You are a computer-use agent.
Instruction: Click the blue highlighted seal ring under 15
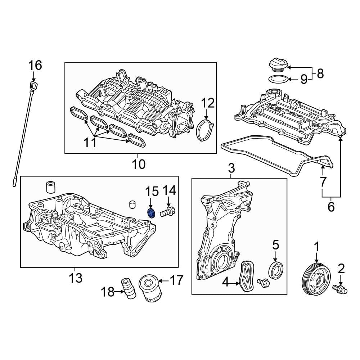click(152, 213)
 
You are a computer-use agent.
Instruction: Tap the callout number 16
click(35, 66)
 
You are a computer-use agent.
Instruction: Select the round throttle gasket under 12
click(205, 131)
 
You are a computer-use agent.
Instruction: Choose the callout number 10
click(138, 164)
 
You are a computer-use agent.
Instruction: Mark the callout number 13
click(76, 278)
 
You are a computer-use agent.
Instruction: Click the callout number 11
click(90, 142)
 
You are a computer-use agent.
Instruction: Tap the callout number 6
click(331, 207)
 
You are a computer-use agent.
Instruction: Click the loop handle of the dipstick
click(34, 86)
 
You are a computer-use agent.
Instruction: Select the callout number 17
click(176, 280)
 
